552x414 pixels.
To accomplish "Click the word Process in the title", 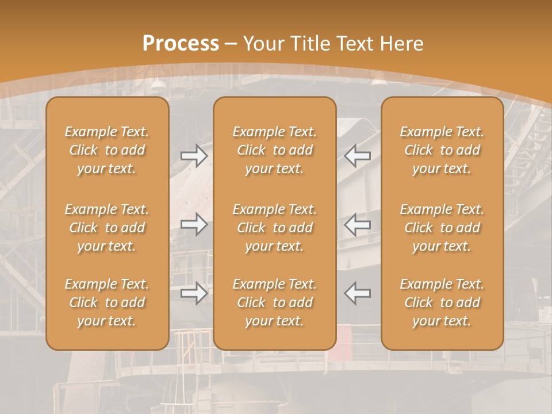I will [181, 44].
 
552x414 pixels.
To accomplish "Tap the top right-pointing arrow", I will [194, 156].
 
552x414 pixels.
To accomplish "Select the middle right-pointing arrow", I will [194, 224].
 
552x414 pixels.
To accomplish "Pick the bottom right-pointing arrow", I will [194, 293].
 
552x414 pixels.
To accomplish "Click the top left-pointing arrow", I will [357, 156].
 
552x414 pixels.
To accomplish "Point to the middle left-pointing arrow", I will [357, 224].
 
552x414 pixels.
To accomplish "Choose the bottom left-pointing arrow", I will [357, 293].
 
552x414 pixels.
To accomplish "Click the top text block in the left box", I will [107, 150].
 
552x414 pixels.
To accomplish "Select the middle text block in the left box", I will [107, 228].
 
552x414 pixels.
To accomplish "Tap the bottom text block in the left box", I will [107, 302].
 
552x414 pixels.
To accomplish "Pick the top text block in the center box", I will [274, 150].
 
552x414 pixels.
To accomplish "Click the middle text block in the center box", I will [274, 228].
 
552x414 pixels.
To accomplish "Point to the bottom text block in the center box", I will [274, 302].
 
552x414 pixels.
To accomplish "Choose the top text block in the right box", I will [442, 150].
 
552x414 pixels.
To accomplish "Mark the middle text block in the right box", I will [442, 228].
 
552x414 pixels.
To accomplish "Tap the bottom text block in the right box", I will [442, 302].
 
